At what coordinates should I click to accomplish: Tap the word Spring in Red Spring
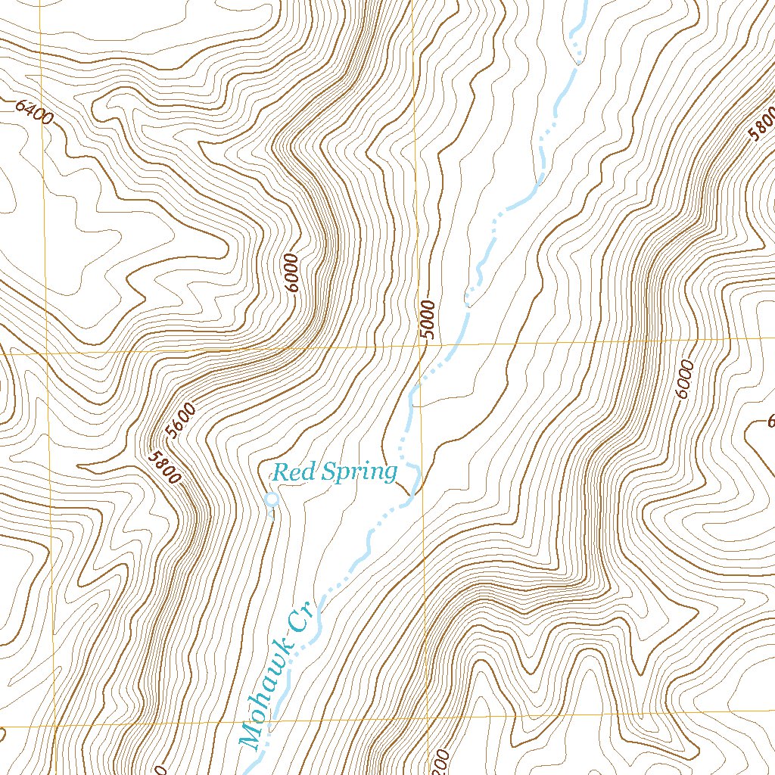(x=357, y=474)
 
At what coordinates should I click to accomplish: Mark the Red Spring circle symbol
(x=272, y=499)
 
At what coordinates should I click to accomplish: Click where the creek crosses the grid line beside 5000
(x=453, y=345)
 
